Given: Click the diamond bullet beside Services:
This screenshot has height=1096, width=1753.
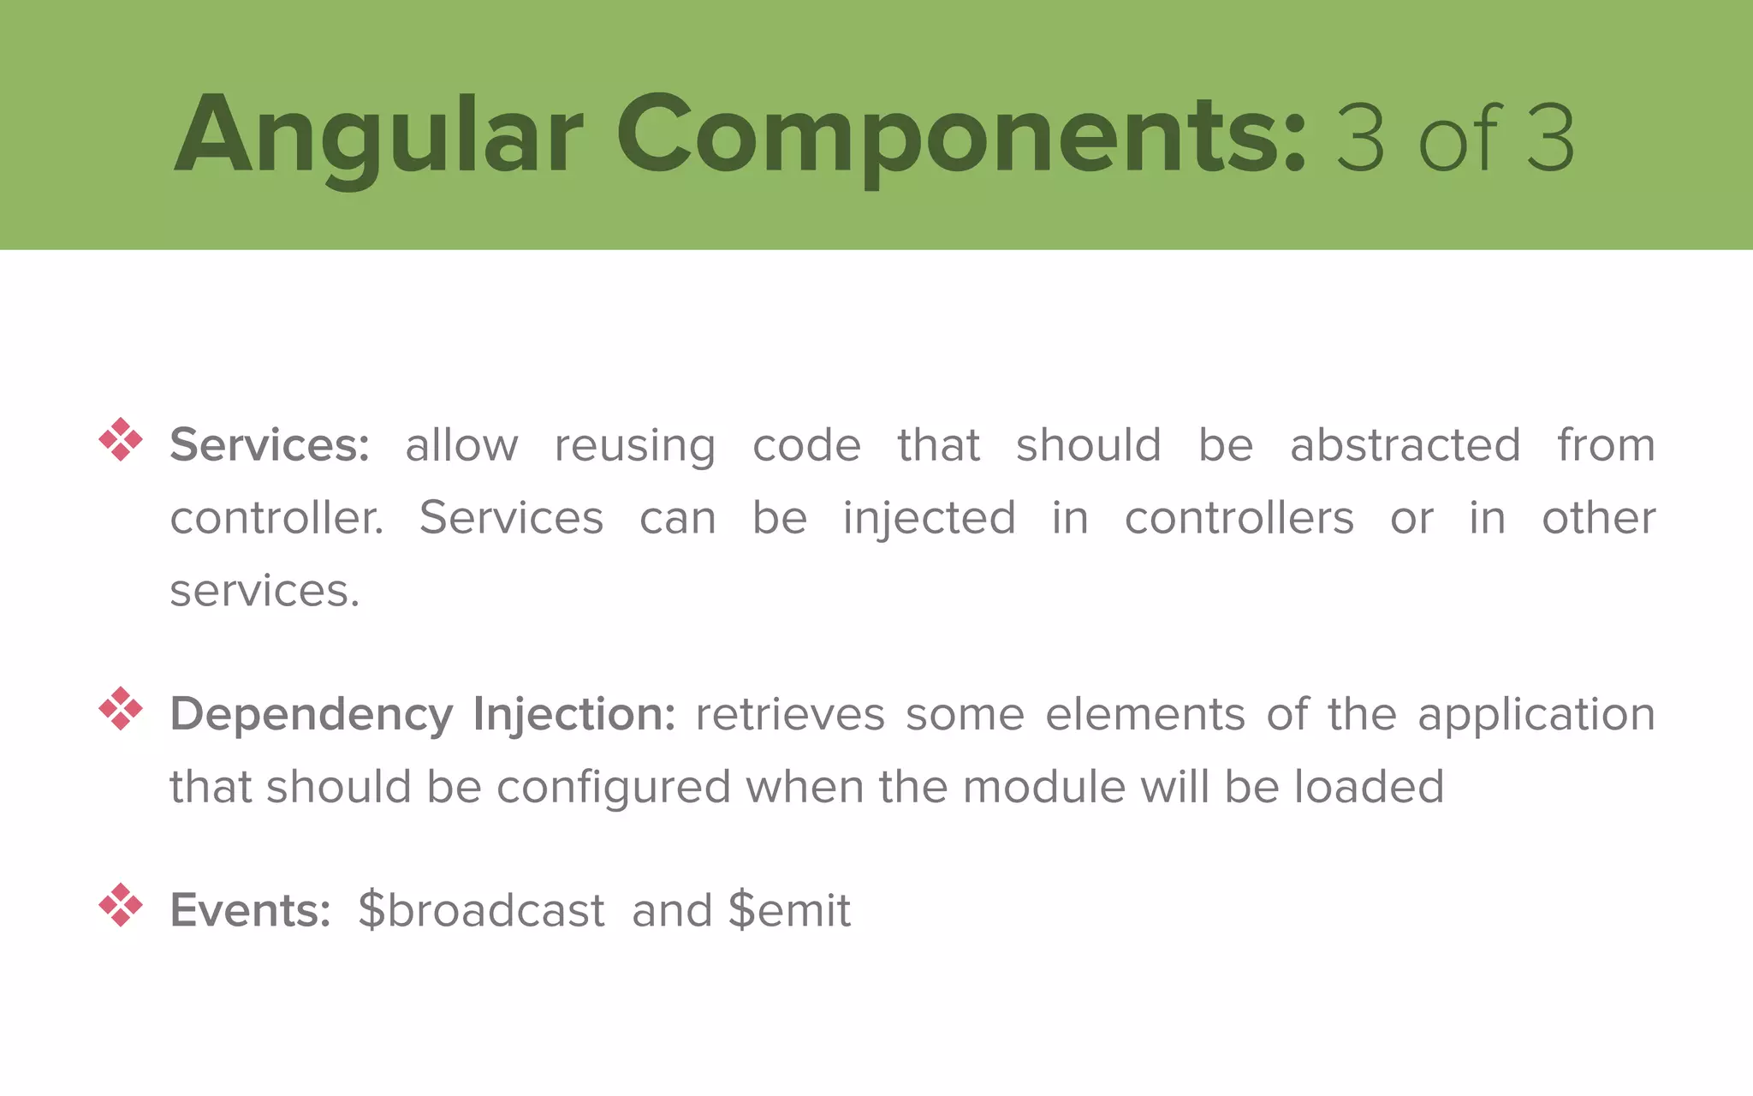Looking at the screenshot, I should coord(121,439).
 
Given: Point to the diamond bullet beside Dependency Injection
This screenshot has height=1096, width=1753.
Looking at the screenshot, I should coord(121,708).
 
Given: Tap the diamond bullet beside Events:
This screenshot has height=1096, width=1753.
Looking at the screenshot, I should coord(121,904).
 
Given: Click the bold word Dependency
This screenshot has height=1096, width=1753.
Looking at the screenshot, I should coord(312,715).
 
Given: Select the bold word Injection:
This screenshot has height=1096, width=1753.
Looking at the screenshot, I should coord(574,715).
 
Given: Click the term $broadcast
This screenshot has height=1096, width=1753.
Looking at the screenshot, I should coord(481,910).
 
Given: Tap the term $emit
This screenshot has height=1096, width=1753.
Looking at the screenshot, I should coord(789,910).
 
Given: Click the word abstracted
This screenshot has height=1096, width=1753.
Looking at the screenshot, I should coord(1405,445).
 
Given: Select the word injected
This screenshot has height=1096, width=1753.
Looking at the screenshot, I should coord(930,519).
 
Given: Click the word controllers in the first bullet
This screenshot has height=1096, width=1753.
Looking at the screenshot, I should coord(1239,518).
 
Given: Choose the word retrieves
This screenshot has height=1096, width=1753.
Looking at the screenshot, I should coord(789,715).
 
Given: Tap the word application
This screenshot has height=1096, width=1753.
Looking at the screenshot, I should coord(1536,716).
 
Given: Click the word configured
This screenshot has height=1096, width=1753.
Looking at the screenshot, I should coord(614,788).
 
